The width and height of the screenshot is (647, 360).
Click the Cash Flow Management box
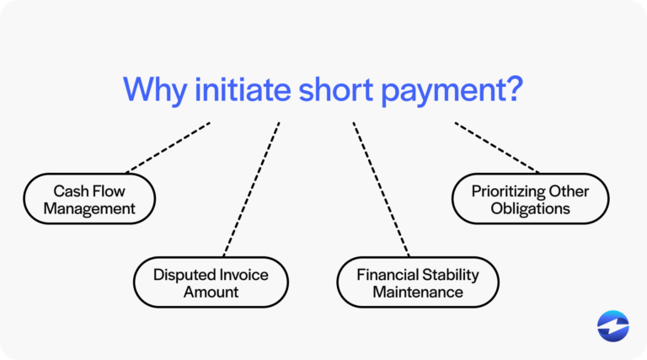(90, 199)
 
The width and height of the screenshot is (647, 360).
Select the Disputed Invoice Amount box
(211, 282)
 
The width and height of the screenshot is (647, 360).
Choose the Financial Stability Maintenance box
(417, 282)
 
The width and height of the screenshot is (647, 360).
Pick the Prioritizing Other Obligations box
(530, 199)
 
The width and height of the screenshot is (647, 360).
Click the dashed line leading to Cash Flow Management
(168, 148)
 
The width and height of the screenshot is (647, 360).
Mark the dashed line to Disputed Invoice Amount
(251, 189)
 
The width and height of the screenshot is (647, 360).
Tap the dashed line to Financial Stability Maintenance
(381, 189)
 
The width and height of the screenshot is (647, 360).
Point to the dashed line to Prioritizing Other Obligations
(497, 148)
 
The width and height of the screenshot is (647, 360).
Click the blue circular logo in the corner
(612, 326)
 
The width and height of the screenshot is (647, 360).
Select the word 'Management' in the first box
(90, 208)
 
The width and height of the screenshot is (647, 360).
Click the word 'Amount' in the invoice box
(211, 293)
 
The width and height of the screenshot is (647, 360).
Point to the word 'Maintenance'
(417, 293)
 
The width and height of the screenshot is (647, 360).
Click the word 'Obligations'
(530, 208)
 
